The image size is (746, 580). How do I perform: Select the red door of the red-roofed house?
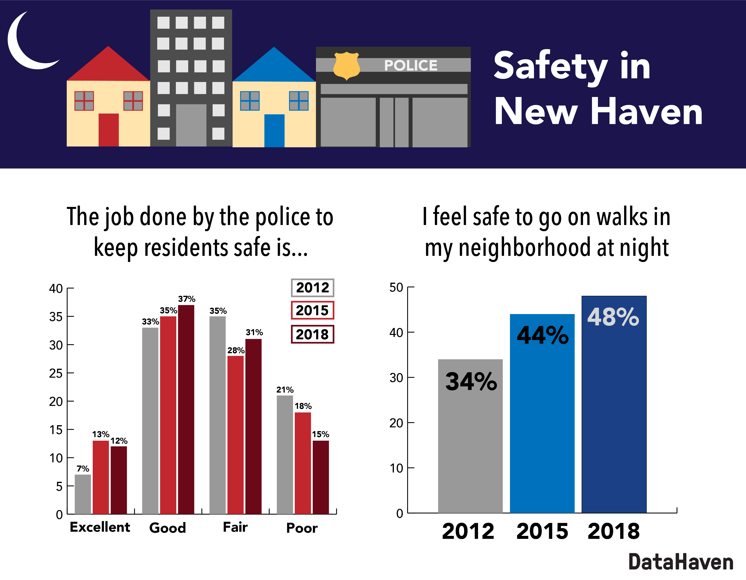pyautogui.click(x=109, y=130)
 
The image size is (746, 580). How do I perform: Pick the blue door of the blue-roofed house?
pyautogui.click(x=274, y=130)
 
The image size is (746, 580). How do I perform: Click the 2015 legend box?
pyautogui.click(x=312, y=310)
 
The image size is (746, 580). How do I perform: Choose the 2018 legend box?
pyautogui.click(x=312, y=334)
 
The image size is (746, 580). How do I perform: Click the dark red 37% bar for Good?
pyautogui.click(x=186, y=410)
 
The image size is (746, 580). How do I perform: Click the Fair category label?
pyautogui.click(x=235, y=527)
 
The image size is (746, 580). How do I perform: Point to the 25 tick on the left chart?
pyautogui.click(x=56, y=373)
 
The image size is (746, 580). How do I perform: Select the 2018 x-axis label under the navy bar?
pyautogui.click(x=614, y=531)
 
